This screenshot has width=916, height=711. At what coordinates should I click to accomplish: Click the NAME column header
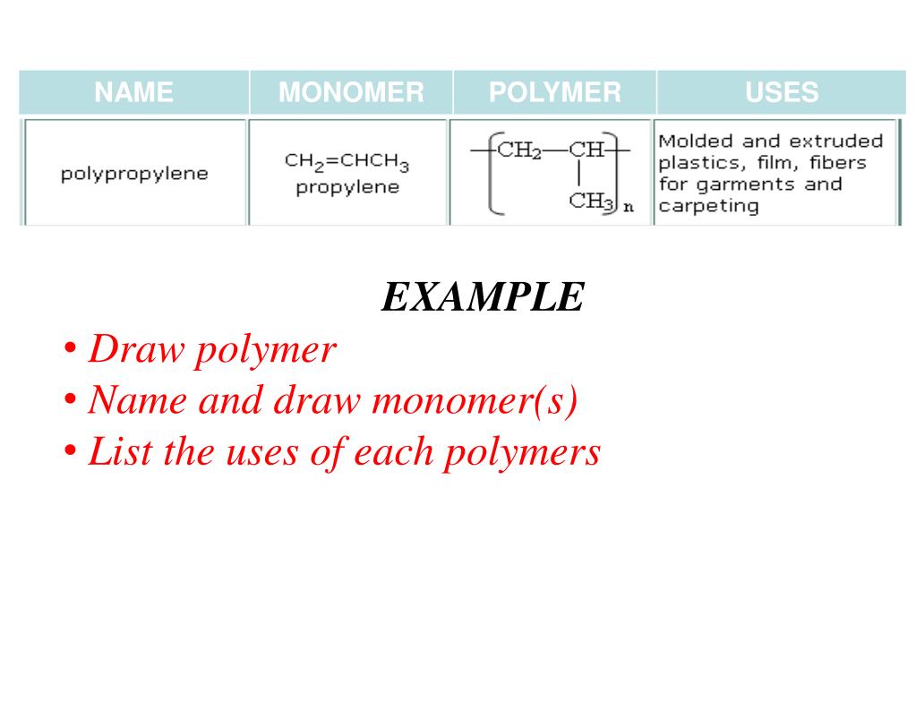tap(134, 92)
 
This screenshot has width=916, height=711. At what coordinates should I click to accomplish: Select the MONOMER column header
tap(351, 92)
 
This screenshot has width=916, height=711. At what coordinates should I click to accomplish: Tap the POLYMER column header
tap(554, 92)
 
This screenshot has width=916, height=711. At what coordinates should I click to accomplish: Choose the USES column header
tap(782, 92)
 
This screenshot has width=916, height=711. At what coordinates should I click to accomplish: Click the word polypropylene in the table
tap(134, 174)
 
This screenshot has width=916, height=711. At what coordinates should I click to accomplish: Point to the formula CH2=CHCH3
tap(347, 162)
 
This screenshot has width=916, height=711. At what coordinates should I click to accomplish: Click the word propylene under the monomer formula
tap(347, 187)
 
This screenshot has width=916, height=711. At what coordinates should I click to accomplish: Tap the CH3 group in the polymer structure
tap(591, 201)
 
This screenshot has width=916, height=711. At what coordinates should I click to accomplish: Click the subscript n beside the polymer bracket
tap(629, 208)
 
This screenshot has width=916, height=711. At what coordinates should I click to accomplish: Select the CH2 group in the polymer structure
tap(519, 150)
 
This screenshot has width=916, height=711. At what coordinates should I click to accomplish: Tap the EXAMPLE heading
tap(483, 297)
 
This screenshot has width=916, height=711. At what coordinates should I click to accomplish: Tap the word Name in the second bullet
tap(139, 400)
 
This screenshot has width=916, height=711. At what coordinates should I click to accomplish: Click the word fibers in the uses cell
tap(838, 163)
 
